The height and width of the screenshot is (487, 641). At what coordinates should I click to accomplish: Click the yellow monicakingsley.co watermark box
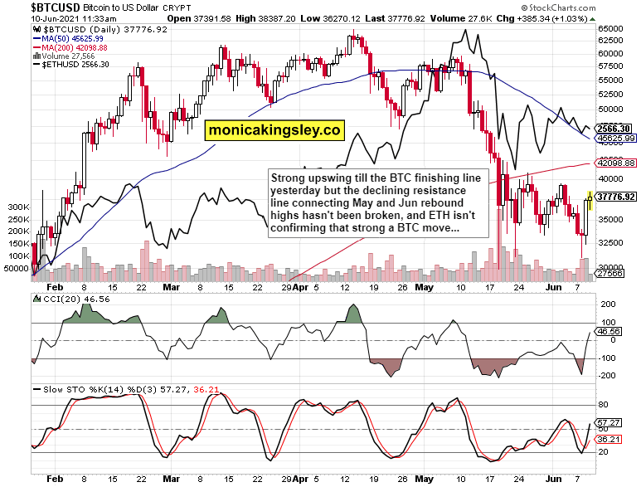click(x=274, y=129)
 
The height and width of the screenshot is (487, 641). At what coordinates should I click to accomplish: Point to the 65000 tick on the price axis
click(x=609, y=28)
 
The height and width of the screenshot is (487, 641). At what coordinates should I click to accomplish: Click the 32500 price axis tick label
click(x=609, y=244)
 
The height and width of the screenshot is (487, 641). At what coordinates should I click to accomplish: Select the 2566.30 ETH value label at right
click(x=615, y=129)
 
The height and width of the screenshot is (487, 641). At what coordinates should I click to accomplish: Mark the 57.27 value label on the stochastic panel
click(x=610, y=423)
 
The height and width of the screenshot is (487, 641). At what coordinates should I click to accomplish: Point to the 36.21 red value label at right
click(x=610, y=439)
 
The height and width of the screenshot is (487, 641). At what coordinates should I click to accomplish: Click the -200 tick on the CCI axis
click(x=607, y=376)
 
